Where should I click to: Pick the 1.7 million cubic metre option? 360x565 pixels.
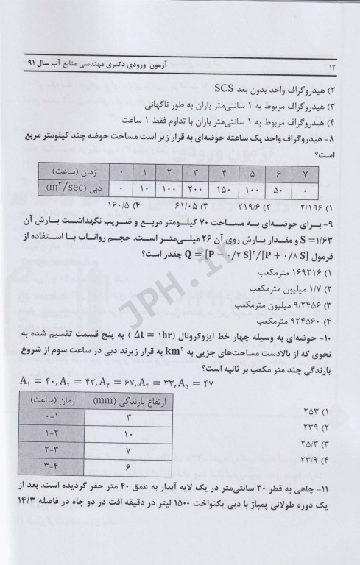tap(301, 288)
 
